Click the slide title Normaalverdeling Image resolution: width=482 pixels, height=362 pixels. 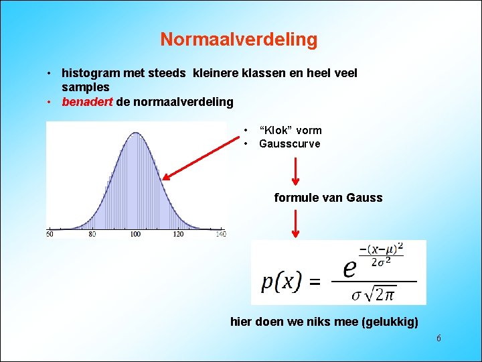click(238, 40)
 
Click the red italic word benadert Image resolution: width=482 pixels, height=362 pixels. click(87, 102)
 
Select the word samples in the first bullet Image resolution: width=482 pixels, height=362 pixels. click(85, 87)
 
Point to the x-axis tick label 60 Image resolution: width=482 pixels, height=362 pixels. click(50, 234)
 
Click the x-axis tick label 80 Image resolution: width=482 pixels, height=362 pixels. click(92, 234)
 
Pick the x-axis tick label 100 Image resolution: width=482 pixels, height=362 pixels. click(135, 234)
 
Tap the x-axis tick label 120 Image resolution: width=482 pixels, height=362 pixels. click(178, 234)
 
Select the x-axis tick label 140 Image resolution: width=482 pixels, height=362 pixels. click(221, 234)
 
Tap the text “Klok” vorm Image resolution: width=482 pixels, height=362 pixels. click(290, 130)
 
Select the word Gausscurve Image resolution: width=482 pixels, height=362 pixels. click(289, 143)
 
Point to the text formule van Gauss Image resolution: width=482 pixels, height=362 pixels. click(328, 198)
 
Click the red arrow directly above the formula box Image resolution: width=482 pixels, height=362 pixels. click(296, 224)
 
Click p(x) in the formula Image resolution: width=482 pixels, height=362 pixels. click(281, 282)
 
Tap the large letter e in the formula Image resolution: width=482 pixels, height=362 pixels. click(349, 268)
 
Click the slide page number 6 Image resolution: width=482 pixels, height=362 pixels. click(438, 339)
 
